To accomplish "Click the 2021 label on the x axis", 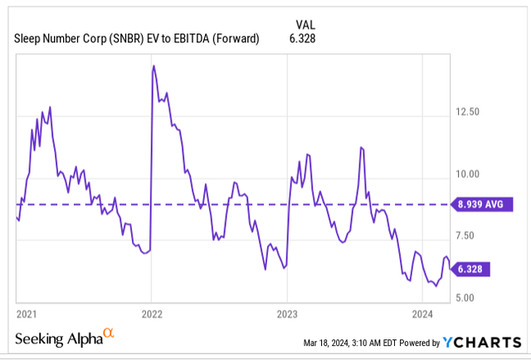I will click(26, 314).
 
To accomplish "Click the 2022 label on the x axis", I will click(151, 314).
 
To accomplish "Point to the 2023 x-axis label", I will click(286, 314).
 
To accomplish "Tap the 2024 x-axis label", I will click(422, 314).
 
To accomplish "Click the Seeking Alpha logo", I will click(57, 340).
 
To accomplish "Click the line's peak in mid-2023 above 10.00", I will click(361, 148).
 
